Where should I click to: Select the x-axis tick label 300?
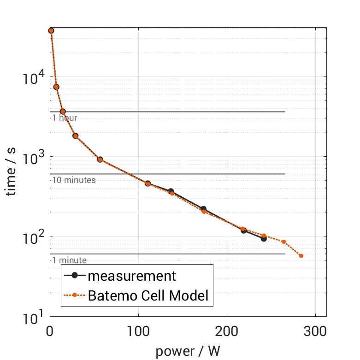[315, 331]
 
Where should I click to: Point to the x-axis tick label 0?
[50, 331]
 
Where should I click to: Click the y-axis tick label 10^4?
[33, 77]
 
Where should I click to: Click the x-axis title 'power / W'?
[188, 351]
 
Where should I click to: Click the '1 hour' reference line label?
[65, 118]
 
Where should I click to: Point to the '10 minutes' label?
[74, 180]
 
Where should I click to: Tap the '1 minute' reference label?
[69, 260]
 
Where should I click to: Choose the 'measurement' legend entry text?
[132, 276]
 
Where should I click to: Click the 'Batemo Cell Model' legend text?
[148, 296]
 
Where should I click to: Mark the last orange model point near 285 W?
[301, 256]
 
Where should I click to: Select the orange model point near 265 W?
[284, 242]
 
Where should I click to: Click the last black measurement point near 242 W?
[264, 239]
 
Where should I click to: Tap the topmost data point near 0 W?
[51, 31]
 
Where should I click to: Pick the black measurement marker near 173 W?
[203, 209]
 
